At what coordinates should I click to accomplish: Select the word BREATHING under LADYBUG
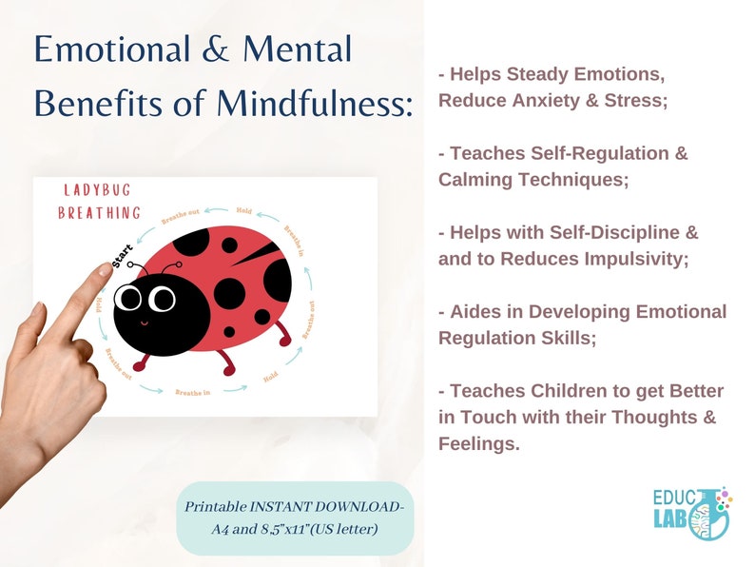tap(99, 212)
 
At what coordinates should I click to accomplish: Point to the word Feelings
tap(478, 442)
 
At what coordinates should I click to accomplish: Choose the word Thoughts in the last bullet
tap(658, 417)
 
